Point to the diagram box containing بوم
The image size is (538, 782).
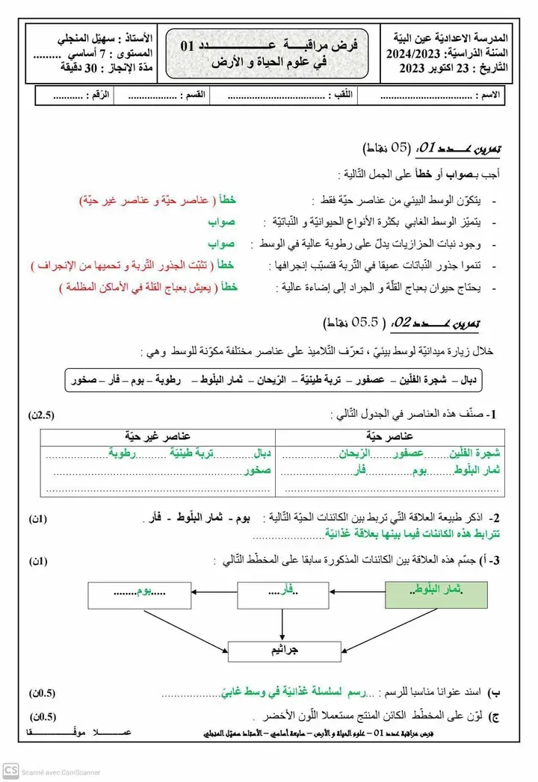[x=136, y=594]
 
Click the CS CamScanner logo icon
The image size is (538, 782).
[x=10, y=771]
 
